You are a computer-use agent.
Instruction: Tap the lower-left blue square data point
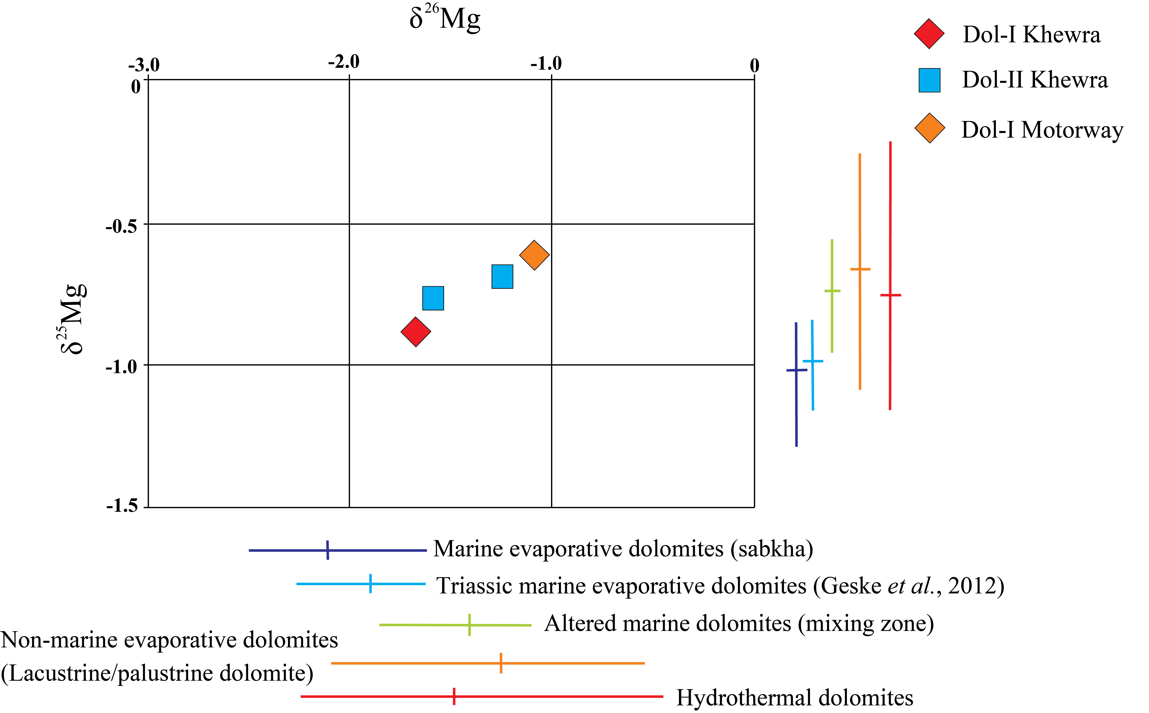pyautogui.click(x=433, y=298)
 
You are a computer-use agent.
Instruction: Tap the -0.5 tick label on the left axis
pyautogui.click(x=121, y=226)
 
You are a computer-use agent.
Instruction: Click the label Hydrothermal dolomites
pyautogui.click(x=794, y=697)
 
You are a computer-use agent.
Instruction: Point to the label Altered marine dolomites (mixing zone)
pyautogui.click(x=739, y=623)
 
